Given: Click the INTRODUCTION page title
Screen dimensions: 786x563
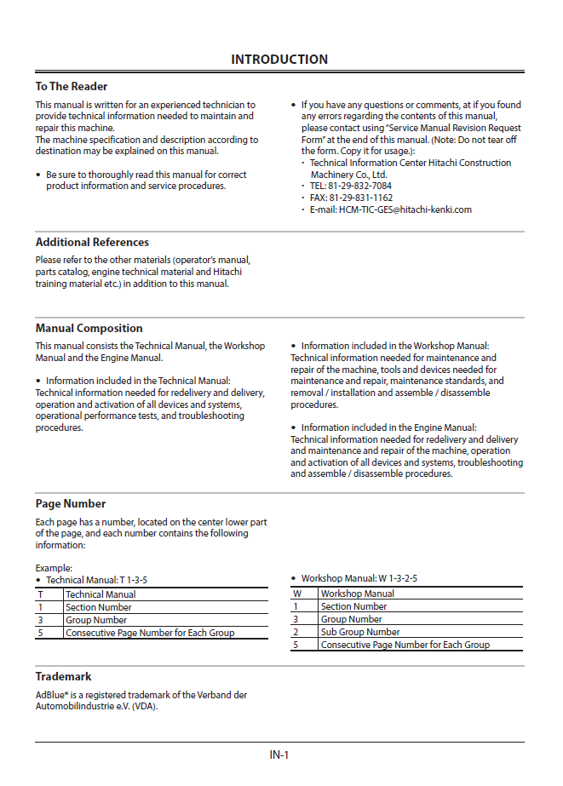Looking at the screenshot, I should click(x=279, y=60).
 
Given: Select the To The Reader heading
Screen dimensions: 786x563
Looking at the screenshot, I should click(x=72, y=86).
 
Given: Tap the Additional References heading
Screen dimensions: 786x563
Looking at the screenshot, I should click(x=92, y=242).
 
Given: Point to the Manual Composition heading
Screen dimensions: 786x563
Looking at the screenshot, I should click(x=89, y=328).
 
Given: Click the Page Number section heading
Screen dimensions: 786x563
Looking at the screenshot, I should click(x=71, y=503).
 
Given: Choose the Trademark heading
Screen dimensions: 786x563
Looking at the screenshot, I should click(x=63, y=676).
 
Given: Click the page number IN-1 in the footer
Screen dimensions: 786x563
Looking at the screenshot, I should click(x=279, y=754).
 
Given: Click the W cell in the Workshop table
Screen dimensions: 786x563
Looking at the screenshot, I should click(x=297, y=594).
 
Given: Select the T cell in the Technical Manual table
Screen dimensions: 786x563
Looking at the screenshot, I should click(x=39, y=594).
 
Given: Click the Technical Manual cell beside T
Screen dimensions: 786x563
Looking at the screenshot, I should click(x=101, y=594).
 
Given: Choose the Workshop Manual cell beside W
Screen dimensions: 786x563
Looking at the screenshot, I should click(x=358, y=594).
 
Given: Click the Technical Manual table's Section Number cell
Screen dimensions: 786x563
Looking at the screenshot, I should click(x=99, y=607).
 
